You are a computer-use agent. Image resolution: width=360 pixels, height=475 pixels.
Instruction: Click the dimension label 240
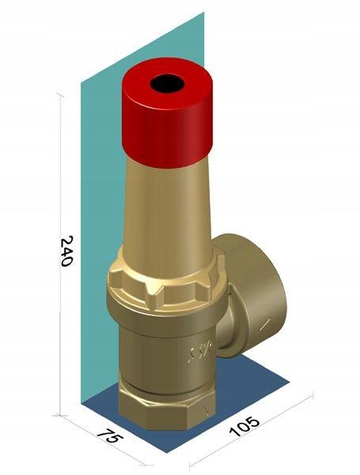point(66,251)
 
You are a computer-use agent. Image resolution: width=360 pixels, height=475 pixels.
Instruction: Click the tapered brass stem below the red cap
point(169,215)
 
